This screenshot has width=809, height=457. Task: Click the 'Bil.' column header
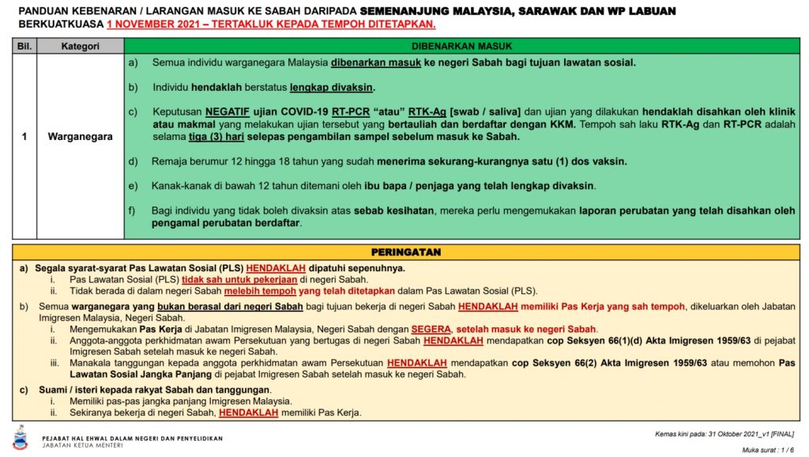(x=24, y=46)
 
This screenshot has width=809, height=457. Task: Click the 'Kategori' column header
(x=80, y=46)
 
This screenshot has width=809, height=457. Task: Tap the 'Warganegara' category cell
(x=80, y=136)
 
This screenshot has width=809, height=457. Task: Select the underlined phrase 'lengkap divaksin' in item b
(x=332, y=87)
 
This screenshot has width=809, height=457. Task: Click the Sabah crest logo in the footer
(x=20, y=437)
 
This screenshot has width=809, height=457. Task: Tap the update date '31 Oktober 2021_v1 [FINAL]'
(x=751, y=433)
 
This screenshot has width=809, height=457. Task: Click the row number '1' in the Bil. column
(x=24, y=136)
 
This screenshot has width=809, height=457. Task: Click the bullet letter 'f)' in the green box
(x=133, y=210)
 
